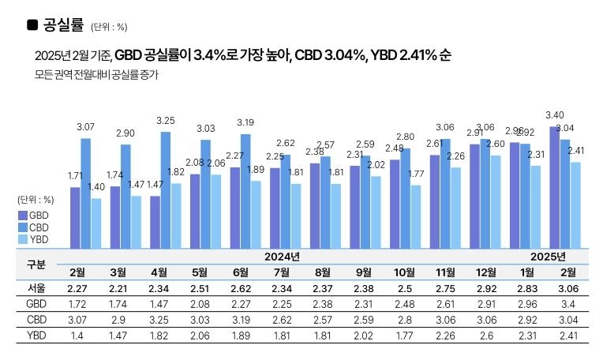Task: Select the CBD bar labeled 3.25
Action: (166, 189)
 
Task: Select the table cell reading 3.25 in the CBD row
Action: (166, 321)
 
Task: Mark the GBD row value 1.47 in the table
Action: (166, 304)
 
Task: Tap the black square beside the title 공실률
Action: (32, 25)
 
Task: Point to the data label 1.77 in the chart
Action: (416, 174)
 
